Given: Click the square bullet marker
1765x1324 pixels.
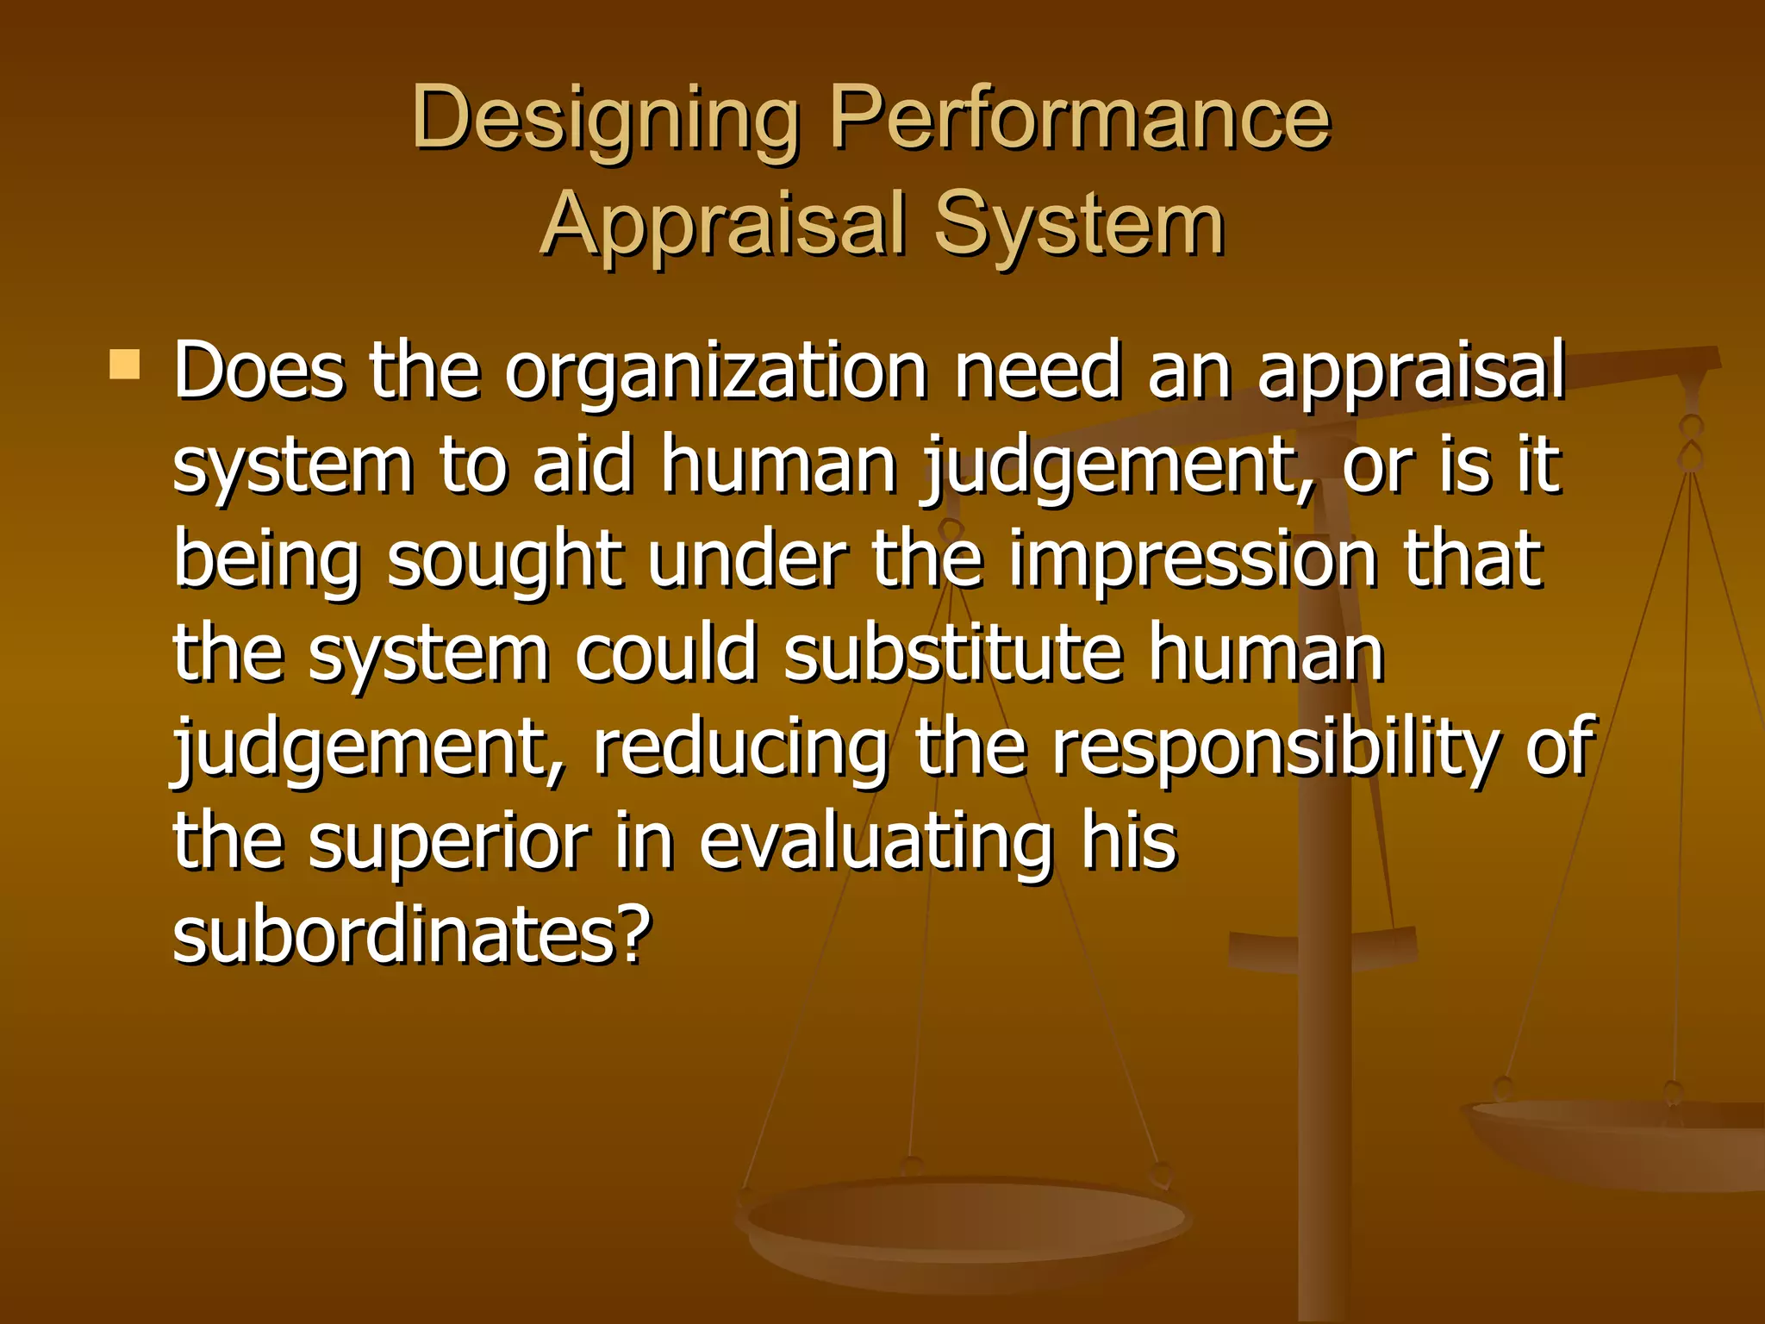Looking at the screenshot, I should coord(125,365).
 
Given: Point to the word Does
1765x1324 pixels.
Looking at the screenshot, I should coord(259,371).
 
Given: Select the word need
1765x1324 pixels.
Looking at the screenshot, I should coord(1038,371).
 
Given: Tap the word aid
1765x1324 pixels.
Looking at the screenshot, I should coord(583,465).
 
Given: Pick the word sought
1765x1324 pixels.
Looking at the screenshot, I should coord(505,560).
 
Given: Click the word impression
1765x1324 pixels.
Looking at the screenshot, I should coord(1193,560).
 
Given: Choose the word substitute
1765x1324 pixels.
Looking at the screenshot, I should coord(953,653).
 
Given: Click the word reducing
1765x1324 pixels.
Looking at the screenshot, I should coord(741,748).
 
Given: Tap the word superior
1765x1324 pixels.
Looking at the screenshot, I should coord(448,843).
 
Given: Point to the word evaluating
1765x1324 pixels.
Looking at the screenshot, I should coord(876,843).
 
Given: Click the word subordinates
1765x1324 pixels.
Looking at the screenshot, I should coord(412,936).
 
